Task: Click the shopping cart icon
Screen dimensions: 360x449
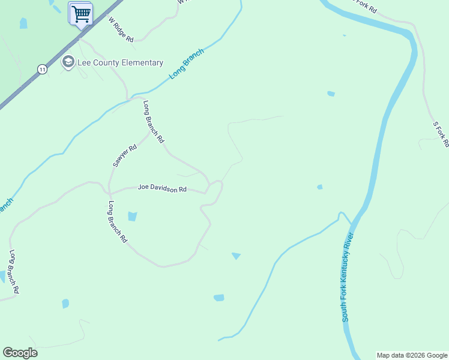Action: click(x=81, y=14)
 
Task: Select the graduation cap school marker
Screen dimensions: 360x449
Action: click(x=68, y=62)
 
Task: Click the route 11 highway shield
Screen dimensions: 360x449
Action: click(x=41, y=69)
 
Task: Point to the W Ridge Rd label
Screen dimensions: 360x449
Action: click(x=121, y=28)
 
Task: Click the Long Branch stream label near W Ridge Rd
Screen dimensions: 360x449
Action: click(x=187, y=63)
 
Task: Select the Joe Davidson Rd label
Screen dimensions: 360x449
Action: click(x=162, y=188)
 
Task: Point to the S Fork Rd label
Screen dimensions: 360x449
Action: click(x=441, y=134)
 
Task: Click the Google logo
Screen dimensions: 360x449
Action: click(x=20, y=353)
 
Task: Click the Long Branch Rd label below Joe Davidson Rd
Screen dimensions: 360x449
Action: click(x=118, y=222)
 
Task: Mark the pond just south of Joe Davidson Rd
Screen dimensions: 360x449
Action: click(x=132, y=217)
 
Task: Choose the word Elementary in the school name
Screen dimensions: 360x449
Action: click(x=141, y=63)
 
